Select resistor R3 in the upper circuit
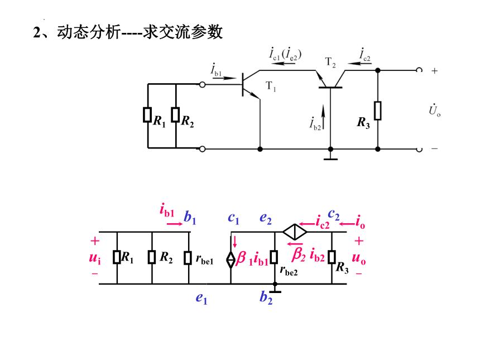(x=378, y=111)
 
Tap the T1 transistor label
(x=271, y=87)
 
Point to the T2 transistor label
(x=330, y=63)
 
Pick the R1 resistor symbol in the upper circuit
(x=147, y=115)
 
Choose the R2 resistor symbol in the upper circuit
(x=175, y=115)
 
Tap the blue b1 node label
(x=190, y=217)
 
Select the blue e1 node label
(x=201, y=298)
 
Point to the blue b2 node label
(x=266, y=297)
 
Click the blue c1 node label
(x=233, y=218)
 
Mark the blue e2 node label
(x=266, y=218)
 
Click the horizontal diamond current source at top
(x=295, y=232)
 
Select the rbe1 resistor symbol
(x=188, y=258)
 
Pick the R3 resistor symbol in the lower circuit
(x=332, y=257)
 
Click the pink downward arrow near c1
(x=235, y=242)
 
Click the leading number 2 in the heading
(x=37, y=32)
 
